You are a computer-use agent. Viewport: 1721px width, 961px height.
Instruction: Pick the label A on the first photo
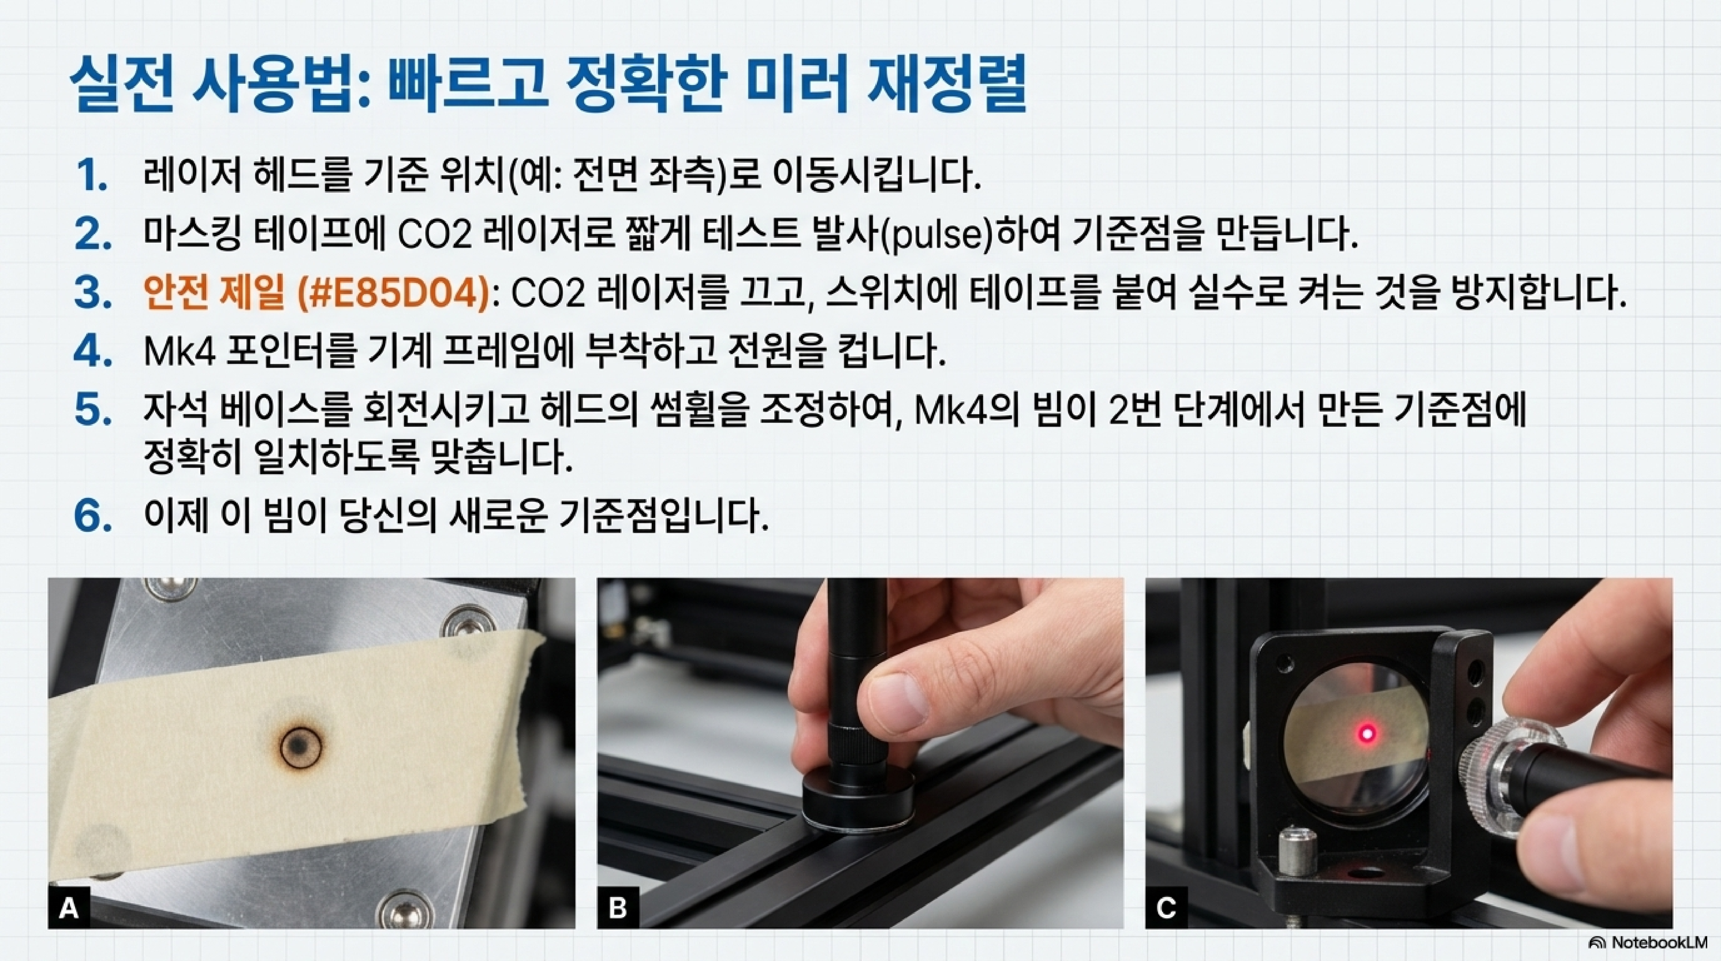69,908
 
